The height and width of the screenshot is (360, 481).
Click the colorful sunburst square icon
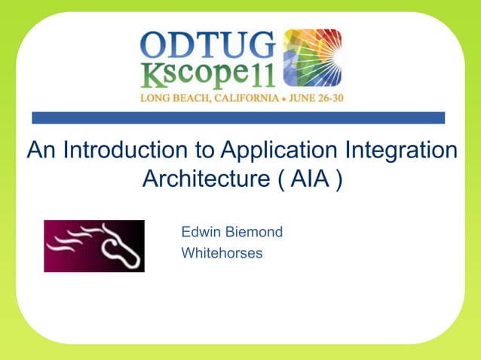pyautogui.click(x=311, y=58)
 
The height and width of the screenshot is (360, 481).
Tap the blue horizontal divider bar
pyautogui.click(x=238, y=117)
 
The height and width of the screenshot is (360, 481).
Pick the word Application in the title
pyautogui.click(x=274, y=151)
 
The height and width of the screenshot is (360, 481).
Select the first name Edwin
pyautogui.click(x=201, y=232)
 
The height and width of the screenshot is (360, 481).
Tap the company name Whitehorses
pyautogui.click(x=222, y=253)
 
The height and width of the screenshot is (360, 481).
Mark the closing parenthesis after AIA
pyautogui.click(x=339, y=182)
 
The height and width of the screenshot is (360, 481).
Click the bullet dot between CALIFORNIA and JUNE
pyautogui.click(x=278, y=99)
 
